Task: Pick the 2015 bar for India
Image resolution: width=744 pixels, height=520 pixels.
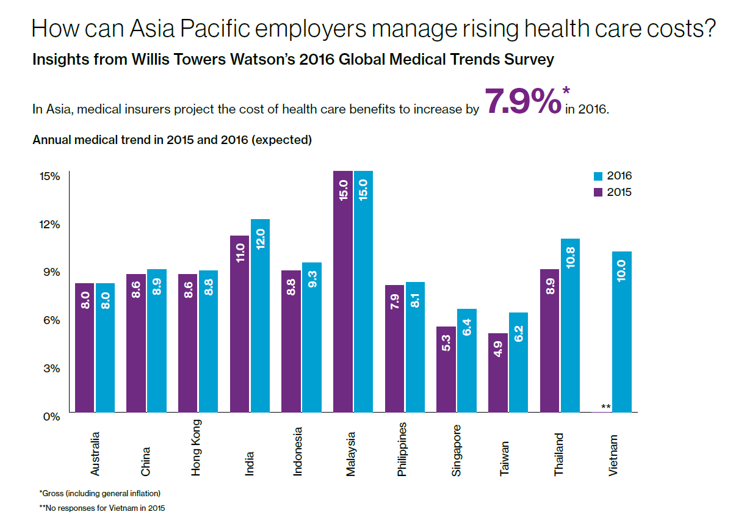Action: coord(240,323)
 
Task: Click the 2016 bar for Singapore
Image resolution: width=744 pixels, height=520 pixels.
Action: coord(467,360)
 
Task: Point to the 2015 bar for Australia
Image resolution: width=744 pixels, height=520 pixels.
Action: coord(84,347)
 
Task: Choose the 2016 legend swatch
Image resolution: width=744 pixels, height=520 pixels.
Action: coord(598,176)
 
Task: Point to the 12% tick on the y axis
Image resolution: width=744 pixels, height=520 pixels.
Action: coord(50,224)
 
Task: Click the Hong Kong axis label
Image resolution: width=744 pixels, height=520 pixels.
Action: coord(196,447)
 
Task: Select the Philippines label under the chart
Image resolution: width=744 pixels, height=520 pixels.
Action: coord(401,449)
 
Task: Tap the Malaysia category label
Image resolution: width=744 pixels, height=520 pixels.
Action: coord(350,454)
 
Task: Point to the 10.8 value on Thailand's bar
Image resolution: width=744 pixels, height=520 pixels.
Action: coord(571,258)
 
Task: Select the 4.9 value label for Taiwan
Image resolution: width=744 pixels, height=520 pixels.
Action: coord(498,351)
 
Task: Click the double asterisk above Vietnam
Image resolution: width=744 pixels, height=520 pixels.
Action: coord(605,407)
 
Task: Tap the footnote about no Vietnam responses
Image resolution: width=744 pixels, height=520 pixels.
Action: coord(102,507)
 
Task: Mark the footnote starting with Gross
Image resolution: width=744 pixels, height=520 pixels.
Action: coord(99,493)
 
